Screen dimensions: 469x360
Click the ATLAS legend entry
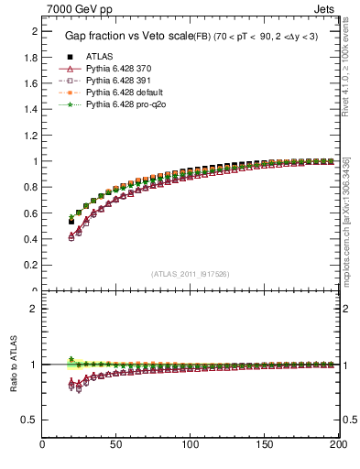click(x=100, y=57)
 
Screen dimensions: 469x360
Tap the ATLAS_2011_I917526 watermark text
click(x=191, y=274)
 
